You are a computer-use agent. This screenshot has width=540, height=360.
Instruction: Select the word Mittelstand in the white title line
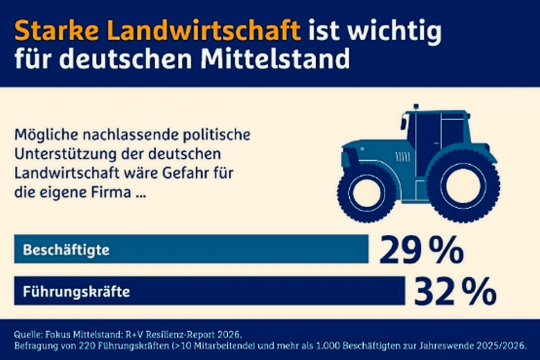pos(275,58)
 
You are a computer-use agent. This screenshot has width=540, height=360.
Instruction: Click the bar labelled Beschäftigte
pos(191,249)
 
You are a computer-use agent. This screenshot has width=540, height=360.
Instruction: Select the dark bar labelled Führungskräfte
pos(210,291)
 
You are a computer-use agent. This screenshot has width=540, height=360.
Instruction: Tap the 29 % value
pos(422,250)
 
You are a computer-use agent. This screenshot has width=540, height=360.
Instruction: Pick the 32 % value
pos(455,292)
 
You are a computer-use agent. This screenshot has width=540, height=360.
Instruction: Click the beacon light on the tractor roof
pos(416,107)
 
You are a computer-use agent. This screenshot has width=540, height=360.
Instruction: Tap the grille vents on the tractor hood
pos(402,157)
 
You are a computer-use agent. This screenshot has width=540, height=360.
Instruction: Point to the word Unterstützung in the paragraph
pos(65,154)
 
